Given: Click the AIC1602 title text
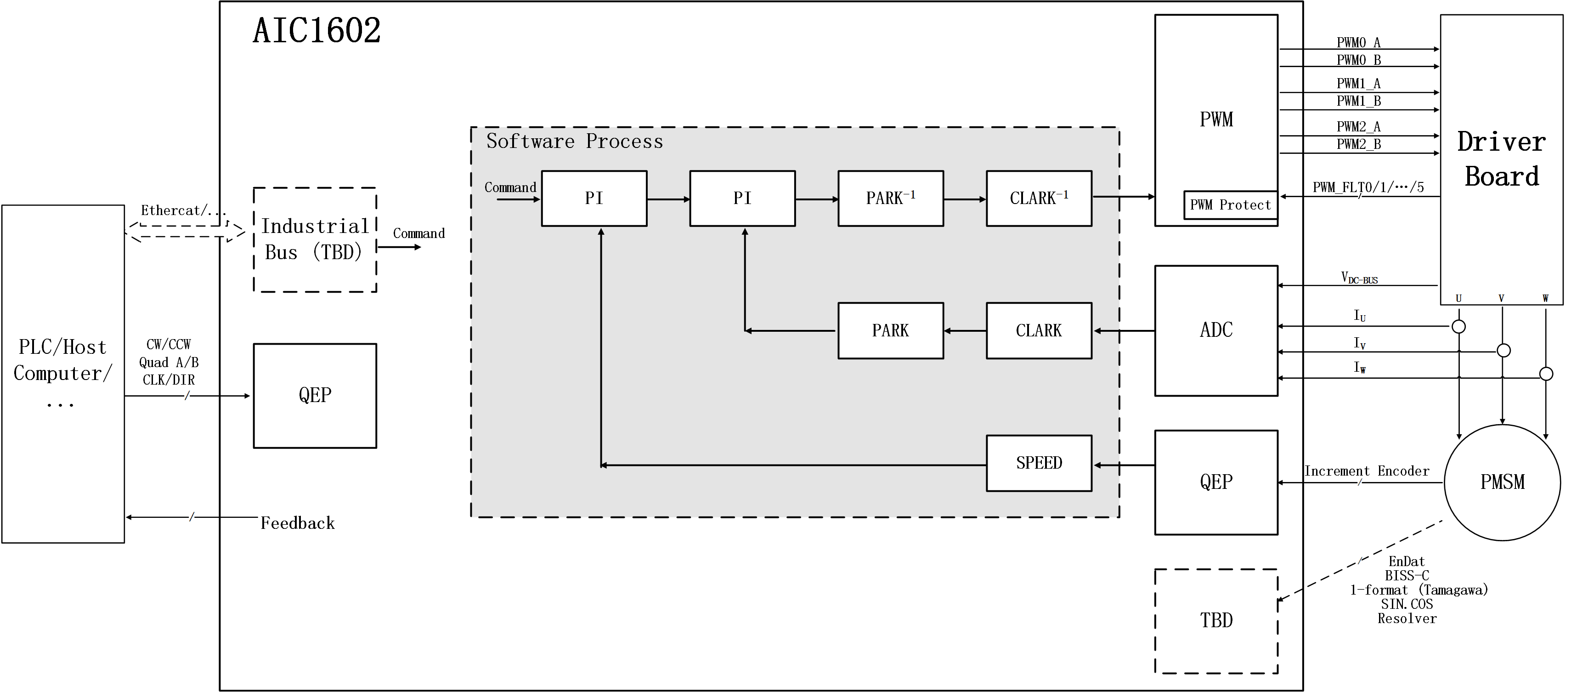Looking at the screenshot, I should coord(317,31).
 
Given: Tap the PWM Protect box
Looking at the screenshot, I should coord(1230,205).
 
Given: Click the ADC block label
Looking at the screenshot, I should coord(1216,330).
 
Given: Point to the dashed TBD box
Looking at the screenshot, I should coord(1216,621).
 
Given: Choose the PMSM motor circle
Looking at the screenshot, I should coord(1502,482).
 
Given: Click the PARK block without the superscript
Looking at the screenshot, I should coord(890,331).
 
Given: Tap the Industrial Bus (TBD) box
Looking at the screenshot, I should coord(315,239).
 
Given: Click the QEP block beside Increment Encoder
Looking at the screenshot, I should coord(1216,482).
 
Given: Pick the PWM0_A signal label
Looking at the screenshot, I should coord(1358,42).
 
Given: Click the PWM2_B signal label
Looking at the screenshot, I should coord(1358,145).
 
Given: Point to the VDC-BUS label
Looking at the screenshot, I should coord(1359,278).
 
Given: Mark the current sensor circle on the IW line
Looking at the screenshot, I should coord(1546,374).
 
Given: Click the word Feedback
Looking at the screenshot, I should coord(298,523).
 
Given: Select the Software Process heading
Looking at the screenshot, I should coord(574,142).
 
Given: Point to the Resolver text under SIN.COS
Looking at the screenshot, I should coord(1407,618).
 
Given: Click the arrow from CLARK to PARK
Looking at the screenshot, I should coord(965,331).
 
